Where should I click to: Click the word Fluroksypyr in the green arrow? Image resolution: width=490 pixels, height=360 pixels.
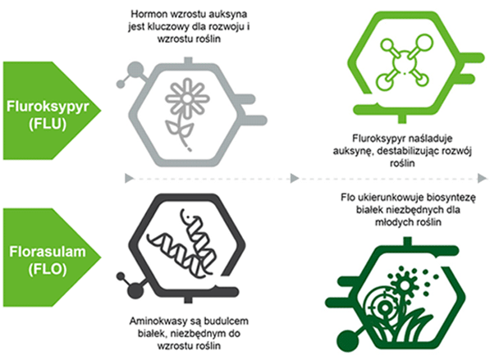click(x=48, y=107)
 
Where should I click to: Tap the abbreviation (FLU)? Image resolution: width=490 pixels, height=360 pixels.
click(x=48, y=123)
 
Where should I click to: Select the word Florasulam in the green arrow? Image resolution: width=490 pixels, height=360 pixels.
click(x=48, y=252)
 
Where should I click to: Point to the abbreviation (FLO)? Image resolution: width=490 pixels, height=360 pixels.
click(x=48, y=269)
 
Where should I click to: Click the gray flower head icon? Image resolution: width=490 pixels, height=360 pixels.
click(x=187, y=98)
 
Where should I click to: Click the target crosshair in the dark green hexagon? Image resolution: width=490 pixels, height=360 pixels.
click(x=385, y=308)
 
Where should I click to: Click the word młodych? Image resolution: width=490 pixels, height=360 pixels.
click(x=392, y=222)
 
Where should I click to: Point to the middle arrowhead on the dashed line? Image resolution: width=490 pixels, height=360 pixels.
click(x=295, y=179)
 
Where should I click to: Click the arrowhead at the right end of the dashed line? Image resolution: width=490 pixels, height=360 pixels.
click(x=483, y=179)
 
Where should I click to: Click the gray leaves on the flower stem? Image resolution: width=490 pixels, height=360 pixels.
click(x=179, y=129)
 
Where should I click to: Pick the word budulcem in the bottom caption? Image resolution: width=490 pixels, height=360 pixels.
click(x=228, y=321)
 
